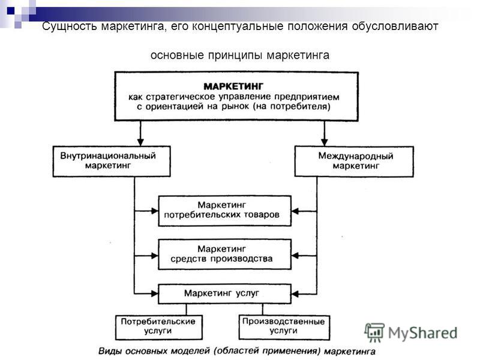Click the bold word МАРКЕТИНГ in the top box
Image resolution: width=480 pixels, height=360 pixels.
233,86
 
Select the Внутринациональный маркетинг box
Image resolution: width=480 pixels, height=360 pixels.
112,161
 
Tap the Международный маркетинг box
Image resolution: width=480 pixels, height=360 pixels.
354,161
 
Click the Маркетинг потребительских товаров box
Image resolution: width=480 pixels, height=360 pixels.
224,211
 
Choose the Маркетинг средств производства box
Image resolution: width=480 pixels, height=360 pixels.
224,254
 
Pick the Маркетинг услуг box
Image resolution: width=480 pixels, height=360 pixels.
224,294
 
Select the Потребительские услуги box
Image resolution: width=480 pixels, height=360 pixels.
159,327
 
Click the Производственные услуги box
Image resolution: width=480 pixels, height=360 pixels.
284,327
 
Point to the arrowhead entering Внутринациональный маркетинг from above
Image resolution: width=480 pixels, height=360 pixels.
140,142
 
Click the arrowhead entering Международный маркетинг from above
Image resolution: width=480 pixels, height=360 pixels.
325,142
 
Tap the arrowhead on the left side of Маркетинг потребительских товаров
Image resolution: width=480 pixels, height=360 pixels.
155,211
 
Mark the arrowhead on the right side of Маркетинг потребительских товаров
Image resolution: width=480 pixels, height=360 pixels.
295,211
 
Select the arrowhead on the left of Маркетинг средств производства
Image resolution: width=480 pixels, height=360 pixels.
155,256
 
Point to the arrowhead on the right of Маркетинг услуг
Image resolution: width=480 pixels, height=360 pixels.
295,294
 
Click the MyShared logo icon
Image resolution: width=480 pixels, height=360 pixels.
374,332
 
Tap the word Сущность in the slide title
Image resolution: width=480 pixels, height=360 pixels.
70,26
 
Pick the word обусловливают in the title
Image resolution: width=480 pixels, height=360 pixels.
395,26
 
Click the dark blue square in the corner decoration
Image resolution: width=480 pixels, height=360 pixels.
11,11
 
